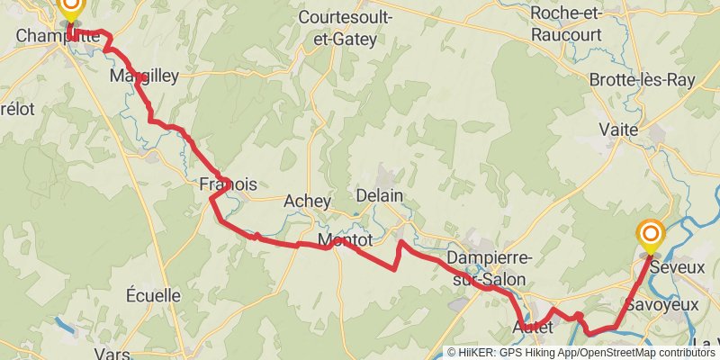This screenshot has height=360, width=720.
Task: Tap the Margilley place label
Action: click(x=144, y=76)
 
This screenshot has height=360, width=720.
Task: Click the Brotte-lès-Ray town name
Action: click(x=643, y=80)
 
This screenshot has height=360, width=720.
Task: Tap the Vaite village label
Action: click(x=619, y=130)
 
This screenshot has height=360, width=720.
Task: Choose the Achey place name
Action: click(x=307, y=201)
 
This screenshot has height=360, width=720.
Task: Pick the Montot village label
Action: click(x=346, y=240)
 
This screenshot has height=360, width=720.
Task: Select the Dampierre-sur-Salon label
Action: click(x=491, y=268)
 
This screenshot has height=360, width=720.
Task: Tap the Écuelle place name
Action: click(x=153, y=295)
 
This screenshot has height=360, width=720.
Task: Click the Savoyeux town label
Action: click(x=662, y=305)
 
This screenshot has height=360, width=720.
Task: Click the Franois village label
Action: click(x=227, y=184)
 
